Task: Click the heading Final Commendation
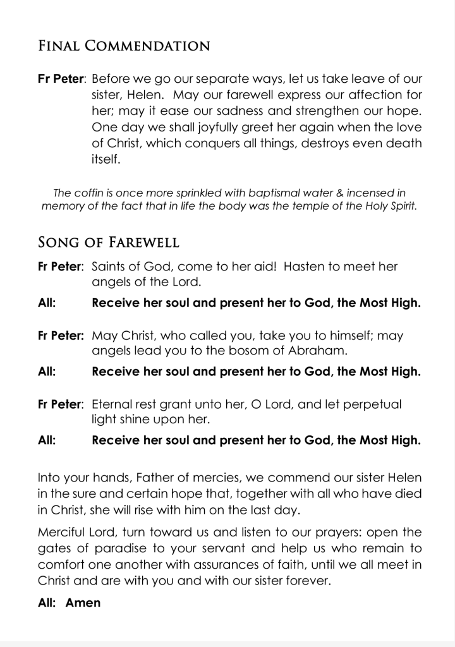click(124, 46)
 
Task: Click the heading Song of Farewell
click(109, 242)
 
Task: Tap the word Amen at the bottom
click(83, 603)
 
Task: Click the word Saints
click(111, 267)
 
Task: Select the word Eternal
click(114, 404)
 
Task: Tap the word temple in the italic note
click(315, 206)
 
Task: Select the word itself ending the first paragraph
click(106, 159)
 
